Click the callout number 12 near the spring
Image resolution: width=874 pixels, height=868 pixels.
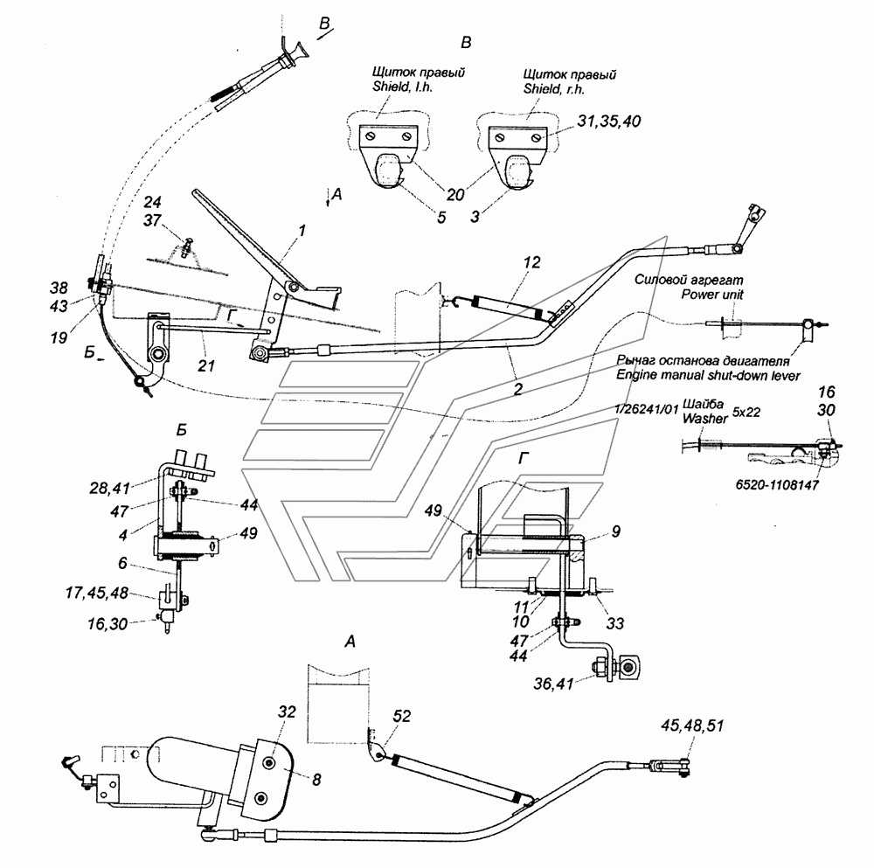tap(531, 262)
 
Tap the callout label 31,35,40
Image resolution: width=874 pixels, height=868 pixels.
tap(608, 121)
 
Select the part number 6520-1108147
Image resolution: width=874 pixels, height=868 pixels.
tap(777, 484)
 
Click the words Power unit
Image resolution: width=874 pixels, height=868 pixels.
tap(711, 294)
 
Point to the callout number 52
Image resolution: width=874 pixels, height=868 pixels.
tap(402, 716)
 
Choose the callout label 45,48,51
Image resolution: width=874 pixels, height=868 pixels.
tap(692, 726)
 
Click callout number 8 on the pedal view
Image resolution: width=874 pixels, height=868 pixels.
tap(316, 780)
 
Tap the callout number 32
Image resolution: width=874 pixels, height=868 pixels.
tap(288, 712)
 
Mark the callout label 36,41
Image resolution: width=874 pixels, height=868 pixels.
tap(553, 684)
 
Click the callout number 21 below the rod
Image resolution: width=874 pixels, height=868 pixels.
tap(206, 365)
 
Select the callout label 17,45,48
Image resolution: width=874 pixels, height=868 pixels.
tap(97, 593)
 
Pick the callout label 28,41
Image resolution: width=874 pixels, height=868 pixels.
tap(110, 489)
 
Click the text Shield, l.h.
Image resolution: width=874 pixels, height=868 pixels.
tap(402, 87)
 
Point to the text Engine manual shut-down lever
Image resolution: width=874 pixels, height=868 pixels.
tap(708, 375)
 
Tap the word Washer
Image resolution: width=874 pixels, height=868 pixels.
tap(705, 418)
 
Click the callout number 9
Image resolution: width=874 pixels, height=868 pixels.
tap(616, 531)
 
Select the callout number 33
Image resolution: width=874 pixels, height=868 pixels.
tap(614, 622)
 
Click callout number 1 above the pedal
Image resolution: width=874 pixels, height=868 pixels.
tap(302, 230)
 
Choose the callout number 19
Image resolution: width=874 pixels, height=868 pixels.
tap(59, 337)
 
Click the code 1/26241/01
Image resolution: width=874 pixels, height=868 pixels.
tap(647, 409)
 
